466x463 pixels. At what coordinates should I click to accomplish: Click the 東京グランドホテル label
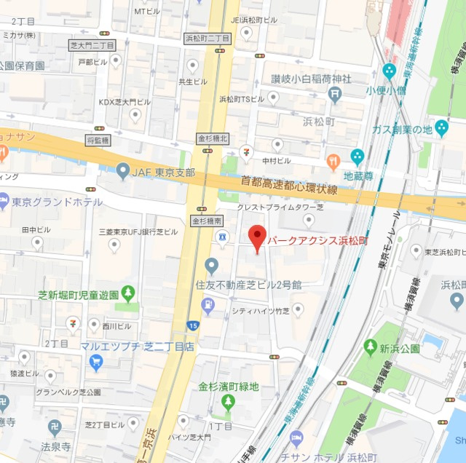[x=57, y=202]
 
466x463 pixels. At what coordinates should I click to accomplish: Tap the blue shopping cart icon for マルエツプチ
[x=95, y=362]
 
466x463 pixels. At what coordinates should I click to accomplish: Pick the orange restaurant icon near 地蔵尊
[x=333, y=162]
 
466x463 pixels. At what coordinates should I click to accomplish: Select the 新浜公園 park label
[x=400, y=349]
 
